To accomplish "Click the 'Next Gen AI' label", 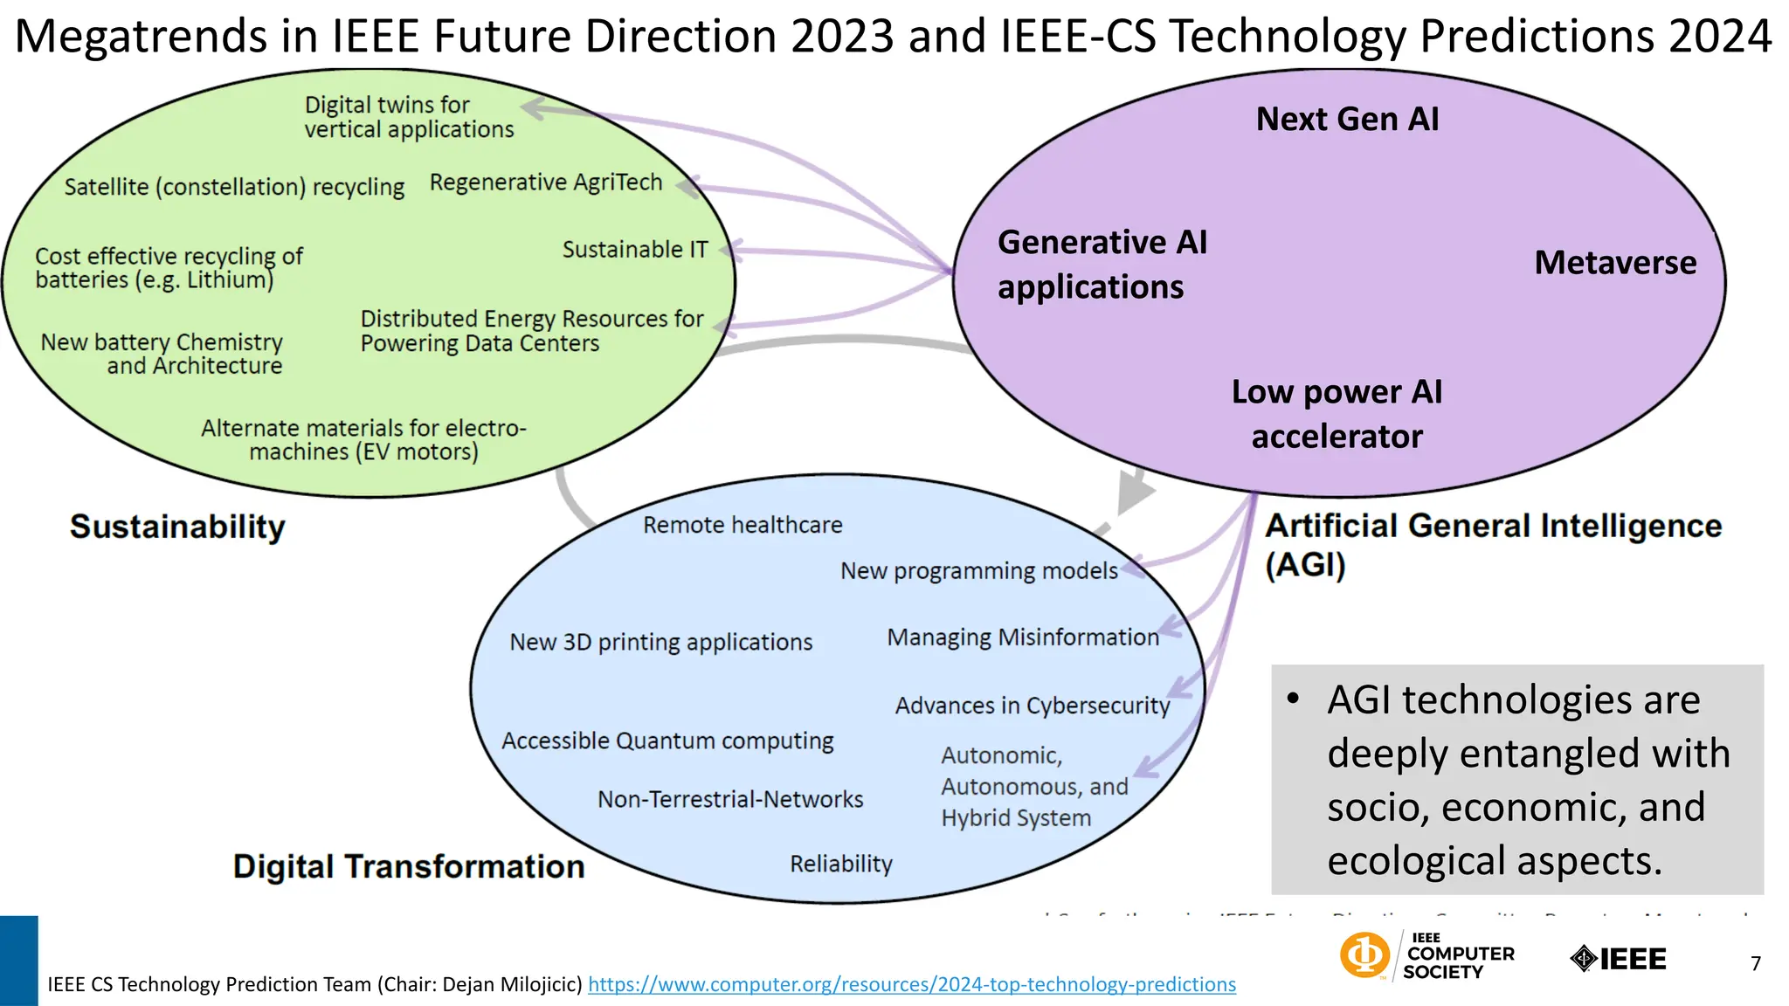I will (x=1347, y=119).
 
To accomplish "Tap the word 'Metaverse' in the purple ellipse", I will (x=1615, y=262).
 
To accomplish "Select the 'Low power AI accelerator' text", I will (x=1337, y=414).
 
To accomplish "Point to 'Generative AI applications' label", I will (x=1102, y=264).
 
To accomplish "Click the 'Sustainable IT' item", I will (x=635, y=250).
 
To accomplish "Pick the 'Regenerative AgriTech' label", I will (x=546, y=183).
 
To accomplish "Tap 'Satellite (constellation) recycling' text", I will (x=234, y=187).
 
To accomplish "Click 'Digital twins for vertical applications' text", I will (x=408, y=117).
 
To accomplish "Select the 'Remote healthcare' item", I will (x=743, y=525).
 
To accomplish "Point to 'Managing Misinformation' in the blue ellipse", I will (x=1022, y=637).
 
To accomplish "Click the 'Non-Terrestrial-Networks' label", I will (x=730, y=799).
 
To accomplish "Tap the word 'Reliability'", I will (x=841, y=864).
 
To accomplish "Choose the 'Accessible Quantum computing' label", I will (x=667, y=741).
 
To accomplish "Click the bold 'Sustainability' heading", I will (x=177, y=527).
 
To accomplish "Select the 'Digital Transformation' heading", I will (x=409, y=866).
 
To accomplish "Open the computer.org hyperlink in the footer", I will (x=912, y=984).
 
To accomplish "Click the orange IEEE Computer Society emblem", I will (x=1364, y=954).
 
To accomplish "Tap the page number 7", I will (x=1755, y=963).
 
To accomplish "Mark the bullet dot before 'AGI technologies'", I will (x=1294, y=699).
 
